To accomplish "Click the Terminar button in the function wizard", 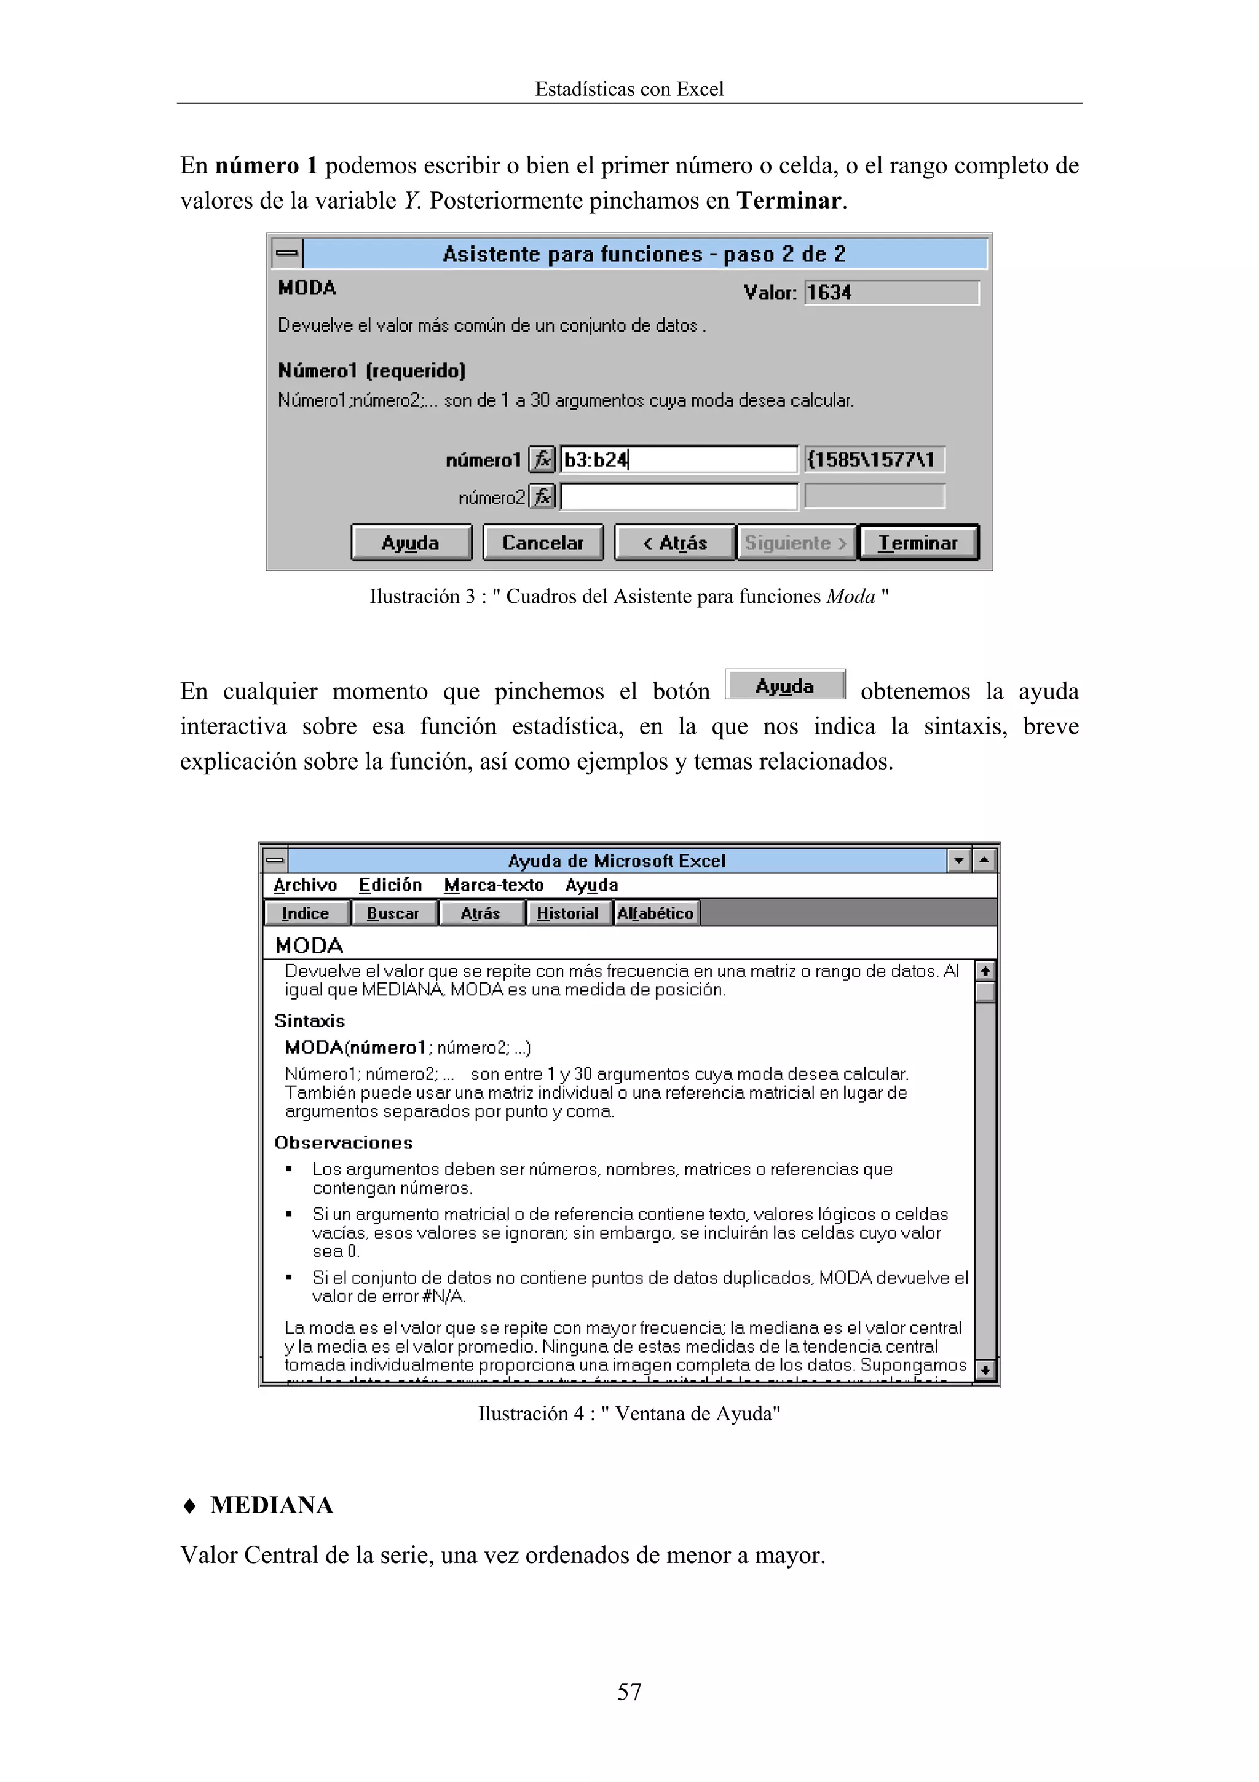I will [x=918, y=543].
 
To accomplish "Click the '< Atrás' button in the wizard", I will [x=674, y=543].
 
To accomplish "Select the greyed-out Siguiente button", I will [x=795, y=543].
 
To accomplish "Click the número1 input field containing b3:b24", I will [x=678, y=459].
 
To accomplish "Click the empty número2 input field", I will [x=678, y=497].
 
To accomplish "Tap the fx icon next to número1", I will [x=542, y=459].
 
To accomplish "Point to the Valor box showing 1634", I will [x=891, y=293].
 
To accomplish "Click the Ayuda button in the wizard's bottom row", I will [x=411, y=543].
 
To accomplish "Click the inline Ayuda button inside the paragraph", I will [x=784, y=685].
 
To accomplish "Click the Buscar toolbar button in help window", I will [x=393, y=913].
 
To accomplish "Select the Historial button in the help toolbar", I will [x=567, y=913].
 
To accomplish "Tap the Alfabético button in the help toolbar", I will [x=655, y=913].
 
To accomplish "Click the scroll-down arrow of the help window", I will [x=984, y=1370].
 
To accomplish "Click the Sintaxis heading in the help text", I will [x=309, y=1020].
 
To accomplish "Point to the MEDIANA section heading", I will [x=272, y=1505].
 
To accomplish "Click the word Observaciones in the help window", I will [x=343, y=1142].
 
